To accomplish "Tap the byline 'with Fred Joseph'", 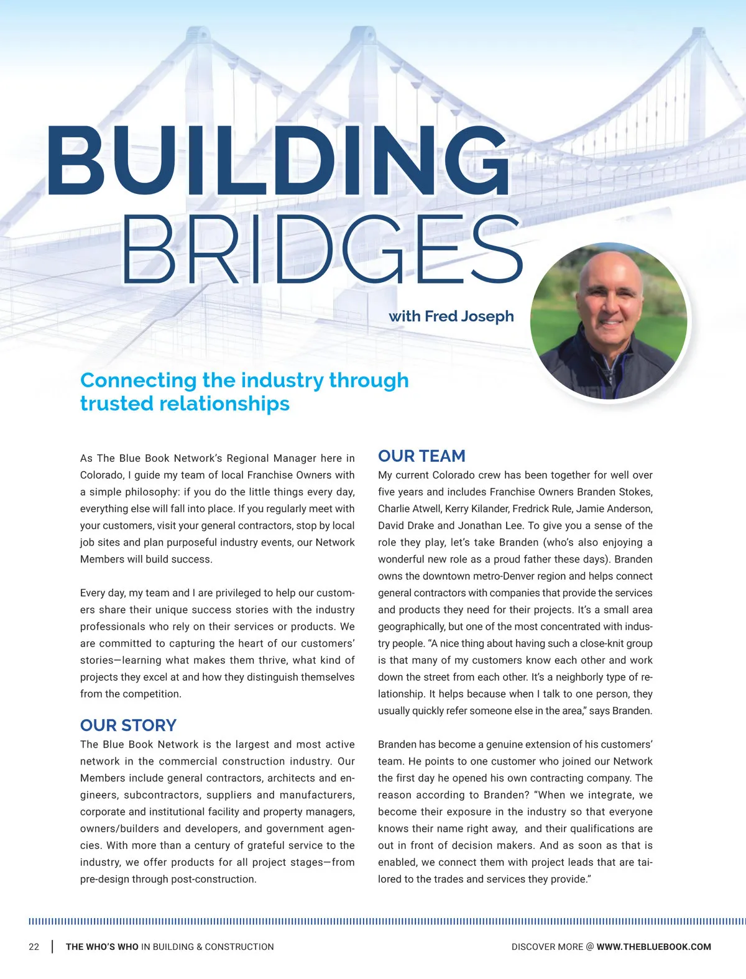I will [451, 316].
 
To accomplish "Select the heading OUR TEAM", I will [421, 456].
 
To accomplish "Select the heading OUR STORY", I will [128, 725].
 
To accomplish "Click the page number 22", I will [34, 947].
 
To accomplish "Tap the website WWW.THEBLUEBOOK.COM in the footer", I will [653, 947].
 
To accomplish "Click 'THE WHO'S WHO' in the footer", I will [102, 947].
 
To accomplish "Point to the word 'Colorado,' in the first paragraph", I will [102, 475].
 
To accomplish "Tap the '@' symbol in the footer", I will [589, 947].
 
